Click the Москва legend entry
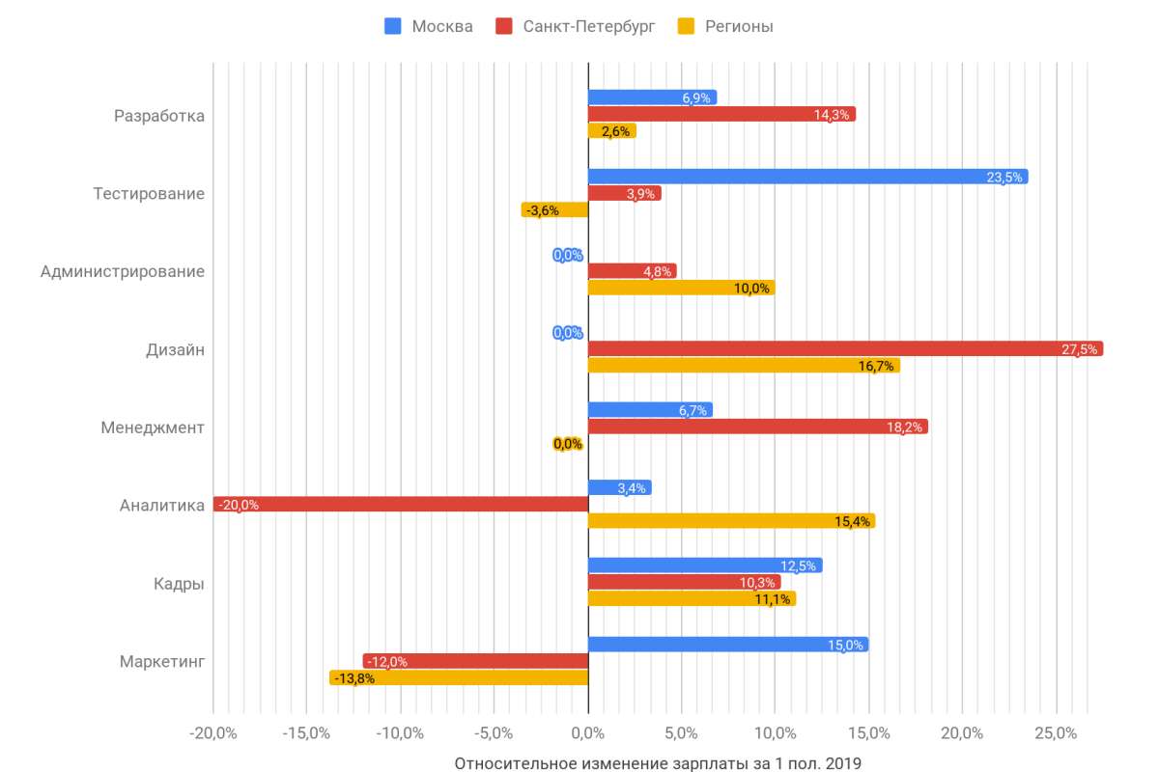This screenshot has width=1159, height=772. [x=430, y=26]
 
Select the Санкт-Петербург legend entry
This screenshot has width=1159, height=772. [x=577, y=26]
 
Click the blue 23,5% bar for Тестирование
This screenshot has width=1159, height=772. [x=807, y=177]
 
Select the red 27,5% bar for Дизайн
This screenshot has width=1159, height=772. [x=845, y=348]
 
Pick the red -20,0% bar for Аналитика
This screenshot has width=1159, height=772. [x=401, y=504]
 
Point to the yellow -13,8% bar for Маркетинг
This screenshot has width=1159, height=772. [x=459, y=677]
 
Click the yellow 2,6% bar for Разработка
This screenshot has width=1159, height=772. [x=611, y=131]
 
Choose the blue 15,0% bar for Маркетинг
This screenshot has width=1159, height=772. [x=728, y=645]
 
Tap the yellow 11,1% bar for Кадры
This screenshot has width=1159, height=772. [x=692, y=599]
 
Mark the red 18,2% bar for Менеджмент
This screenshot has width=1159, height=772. [x=758, y=427]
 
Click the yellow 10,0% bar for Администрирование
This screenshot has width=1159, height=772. [x=681, y=288]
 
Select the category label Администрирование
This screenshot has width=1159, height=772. [x=123, y=271]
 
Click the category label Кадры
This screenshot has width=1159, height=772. [x=179, y=584]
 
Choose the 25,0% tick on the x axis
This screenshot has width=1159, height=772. [x=1056, y=734]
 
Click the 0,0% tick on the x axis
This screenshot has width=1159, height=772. [x=587, y=734]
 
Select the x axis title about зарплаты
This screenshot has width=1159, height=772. [x=657, y=763]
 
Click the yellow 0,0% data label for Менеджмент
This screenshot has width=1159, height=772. [x=568, y=444]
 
